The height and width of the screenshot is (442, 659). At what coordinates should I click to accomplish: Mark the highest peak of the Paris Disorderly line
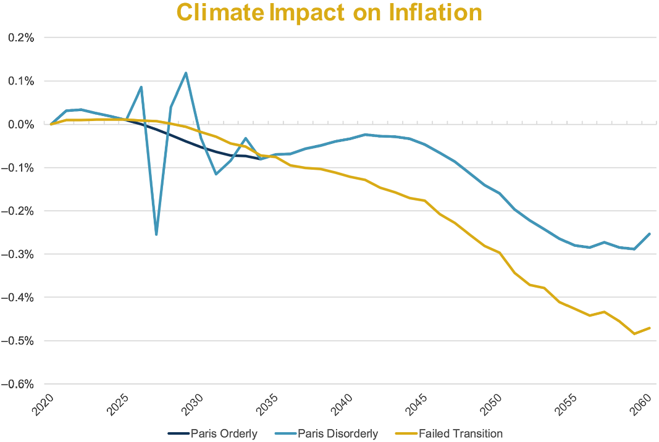(x=185, y=73)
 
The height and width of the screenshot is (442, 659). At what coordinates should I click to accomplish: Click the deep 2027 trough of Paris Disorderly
(x=156, y=235)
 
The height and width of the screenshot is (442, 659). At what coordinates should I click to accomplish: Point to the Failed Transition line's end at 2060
(x=649, y=328)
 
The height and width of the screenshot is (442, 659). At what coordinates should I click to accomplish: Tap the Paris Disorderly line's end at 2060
(x=649, y=234)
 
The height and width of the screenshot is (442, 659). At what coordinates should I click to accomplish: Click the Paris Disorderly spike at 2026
(x=141, y=87)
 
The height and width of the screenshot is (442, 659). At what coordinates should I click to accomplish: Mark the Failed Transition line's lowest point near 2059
(x=634, y=333)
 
